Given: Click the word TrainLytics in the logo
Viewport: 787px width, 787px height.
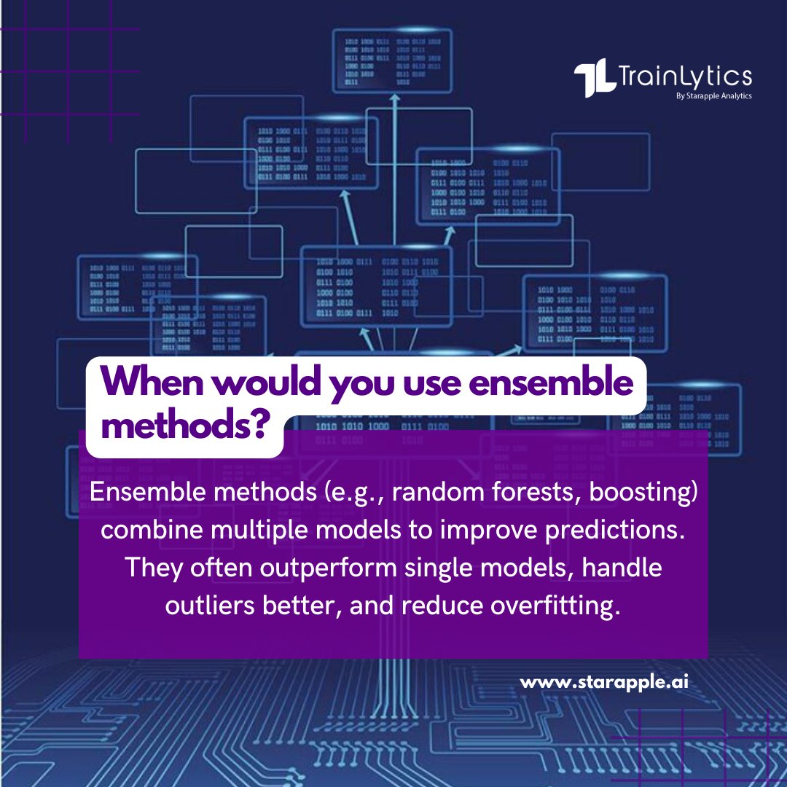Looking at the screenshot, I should (684, 77).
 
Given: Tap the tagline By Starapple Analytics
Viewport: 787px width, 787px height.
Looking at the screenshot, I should (714, 95).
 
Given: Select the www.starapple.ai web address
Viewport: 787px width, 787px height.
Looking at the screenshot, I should (604, 684).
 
